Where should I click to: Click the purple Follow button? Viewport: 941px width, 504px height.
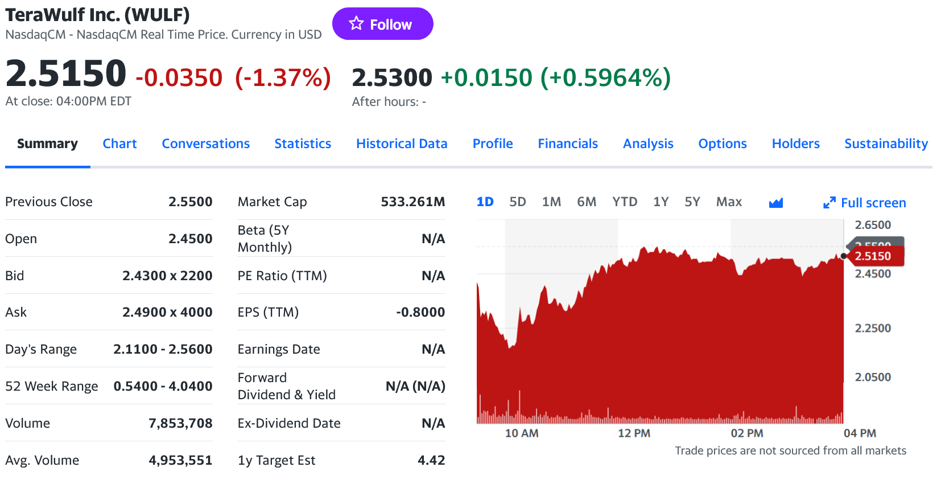pos(382,24)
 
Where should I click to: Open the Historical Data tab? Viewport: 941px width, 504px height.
pos(402,144)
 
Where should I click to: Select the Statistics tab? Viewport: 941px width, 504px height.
pos(303,144)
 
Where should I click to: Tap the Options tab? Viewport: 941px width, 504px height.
pos(722,144)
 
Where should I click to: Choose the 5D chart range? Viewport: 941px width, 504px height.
pos(517,202)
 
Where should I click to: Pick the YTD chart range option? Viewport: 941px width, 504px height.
pos(624,202)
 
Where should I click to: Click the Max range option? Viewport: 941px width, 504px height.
pos(729,202)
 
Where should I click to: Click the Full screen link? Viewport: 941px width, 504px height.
pos(865,203)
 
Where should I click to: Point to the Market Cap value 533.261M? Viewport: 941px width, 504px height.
pos(412,202)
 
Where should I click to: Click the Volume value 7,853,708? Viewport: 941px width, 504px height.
pos(180,423)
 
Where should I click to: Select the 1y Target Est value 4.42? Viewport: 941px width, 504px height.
pos(431,460)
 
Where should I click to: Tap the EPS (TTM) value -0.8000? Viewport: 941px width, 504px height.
pos(420,312)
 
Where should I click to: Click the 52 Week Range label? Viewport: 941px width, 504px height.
pos(52,386)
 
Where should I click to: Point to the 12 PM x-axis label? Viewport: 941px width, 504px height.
pos(634,433)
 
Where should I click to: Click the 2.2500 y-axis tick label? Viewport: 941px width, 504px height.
pos(873,328)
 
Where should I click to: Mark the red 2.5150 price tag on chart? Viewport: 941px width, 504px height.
pos(874,256)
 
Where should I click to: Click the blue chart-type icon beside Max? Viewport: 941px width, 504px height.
pos(775,203)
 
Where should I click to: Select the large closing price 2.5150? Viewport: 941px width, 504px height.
pos(66,74)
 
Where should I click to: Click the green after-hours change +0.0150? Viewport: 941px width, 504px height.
pos(486,77)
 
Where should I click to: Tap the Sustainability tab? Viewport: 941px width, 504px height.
pos(886,144)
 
